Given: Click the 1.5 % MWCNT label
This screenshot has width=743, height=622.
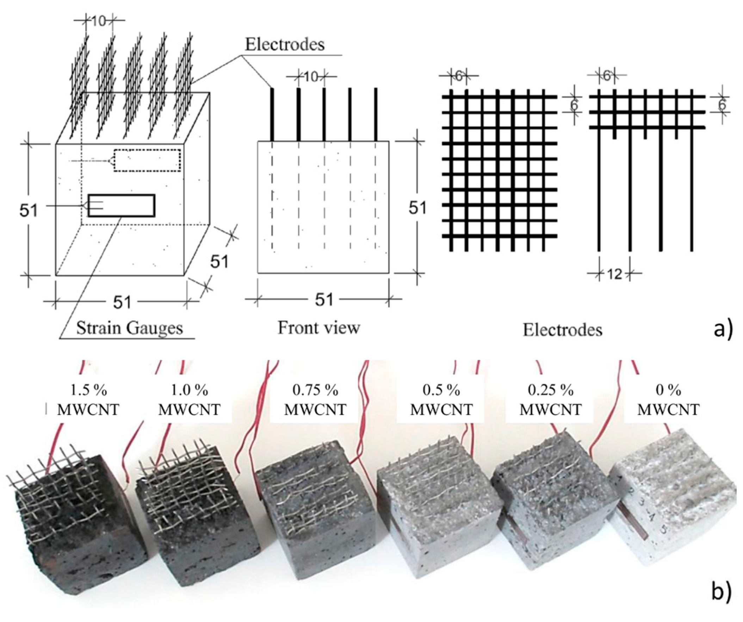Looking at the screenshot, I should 88,400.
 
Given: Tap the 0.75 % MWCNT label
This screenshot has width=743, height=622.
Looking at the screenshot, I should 315,400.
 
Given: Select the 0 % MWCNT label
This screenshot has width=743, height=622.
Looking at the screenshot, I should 668,400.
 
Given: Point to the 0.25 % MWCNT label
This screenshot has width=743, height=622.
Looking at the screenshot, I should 550,400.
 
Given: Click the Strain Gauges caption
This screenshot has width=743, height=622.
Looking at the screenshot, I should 130,328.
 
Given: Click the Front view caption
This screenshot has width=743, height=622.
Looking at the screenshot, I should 318,327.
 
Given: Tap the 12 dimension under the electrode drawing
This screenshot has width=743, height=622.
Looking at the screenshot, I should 614,274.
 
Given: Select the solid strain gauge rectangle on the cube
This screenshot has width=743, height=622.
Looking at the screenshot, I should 121,206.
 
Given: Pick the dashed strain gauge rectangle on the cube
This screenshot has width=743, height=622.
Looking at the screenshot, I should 147,161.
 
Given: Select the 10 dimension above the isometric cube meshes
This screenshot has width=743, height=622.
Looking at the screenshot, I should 99,21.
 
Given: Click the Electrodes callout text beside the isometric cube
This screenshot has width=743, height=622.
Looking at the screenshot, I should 285,45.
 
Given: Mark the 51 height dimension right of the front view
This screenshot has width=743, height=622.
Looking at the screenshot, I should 417,208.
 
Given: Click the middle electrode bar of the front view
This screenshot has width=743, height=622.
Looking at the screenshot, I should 324,115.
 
